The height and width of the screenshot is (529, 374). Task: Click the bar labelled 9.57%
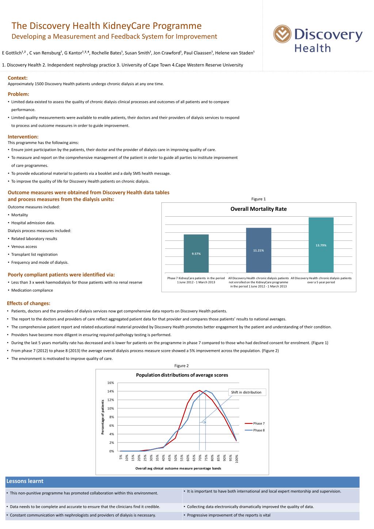point(196,254)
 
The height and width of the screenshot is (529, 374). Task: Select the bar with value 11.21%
point(259,250)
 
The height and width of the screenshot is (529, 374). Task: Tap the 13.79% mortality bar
point(321,245)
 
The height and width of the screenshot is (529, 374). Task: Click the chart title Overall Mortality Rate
point(259,209)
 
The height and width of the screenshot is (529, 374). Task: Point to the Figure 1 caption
point(259,199)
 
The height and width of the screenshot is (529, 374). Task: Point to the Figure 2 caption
point(182,366)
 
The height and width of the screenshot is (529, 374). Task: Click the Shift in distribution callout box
point(247,392)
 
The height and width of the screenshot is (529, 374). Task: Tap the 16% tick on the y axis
point(111,383)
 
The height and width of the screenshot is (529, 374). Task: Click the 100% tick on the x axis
point(237,458)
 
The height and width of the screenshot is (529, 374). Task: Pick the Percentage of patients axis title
point(103,417)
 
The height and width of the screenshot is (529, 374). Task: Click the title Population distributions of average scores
point(182,375)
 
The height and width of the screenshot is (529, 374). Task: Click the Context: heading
point(18,78)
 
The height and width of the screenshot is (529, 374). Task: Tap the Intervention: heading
point(23,137)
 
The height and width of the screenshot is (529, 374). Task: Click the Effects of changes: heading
point(28,303)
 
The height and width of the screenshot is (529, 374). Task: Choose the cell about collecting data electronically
point(250,507)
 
